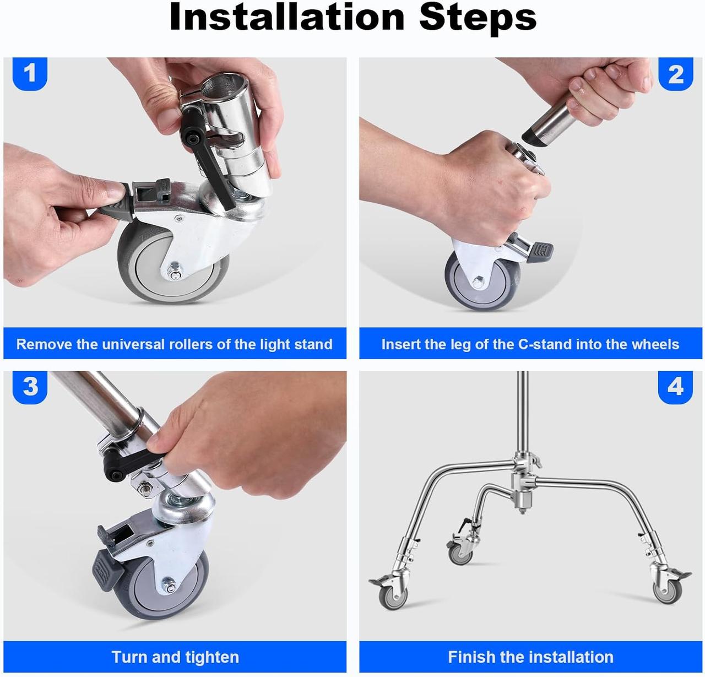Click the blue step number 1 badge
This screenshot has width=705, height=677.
tap(30, 73)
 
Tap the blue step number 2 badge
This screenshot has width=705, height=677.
tap(675, 74)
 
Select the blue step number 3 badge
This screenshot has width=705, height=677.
tap(30, 387)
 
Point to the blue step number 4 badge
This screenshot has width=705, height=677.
tap(675, 387)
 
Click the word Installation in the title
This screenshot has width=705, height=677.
tap(286, 17)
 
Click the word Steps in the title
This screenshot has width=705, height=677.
tap(478, 19)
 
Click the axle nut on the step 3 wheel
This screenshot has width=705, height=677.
tap(169, 584)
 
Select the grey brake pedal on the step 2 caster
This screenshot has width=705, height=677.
tap(540, 252)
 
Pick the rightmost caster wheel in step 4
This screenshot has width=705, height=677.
tap(668, 592)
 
